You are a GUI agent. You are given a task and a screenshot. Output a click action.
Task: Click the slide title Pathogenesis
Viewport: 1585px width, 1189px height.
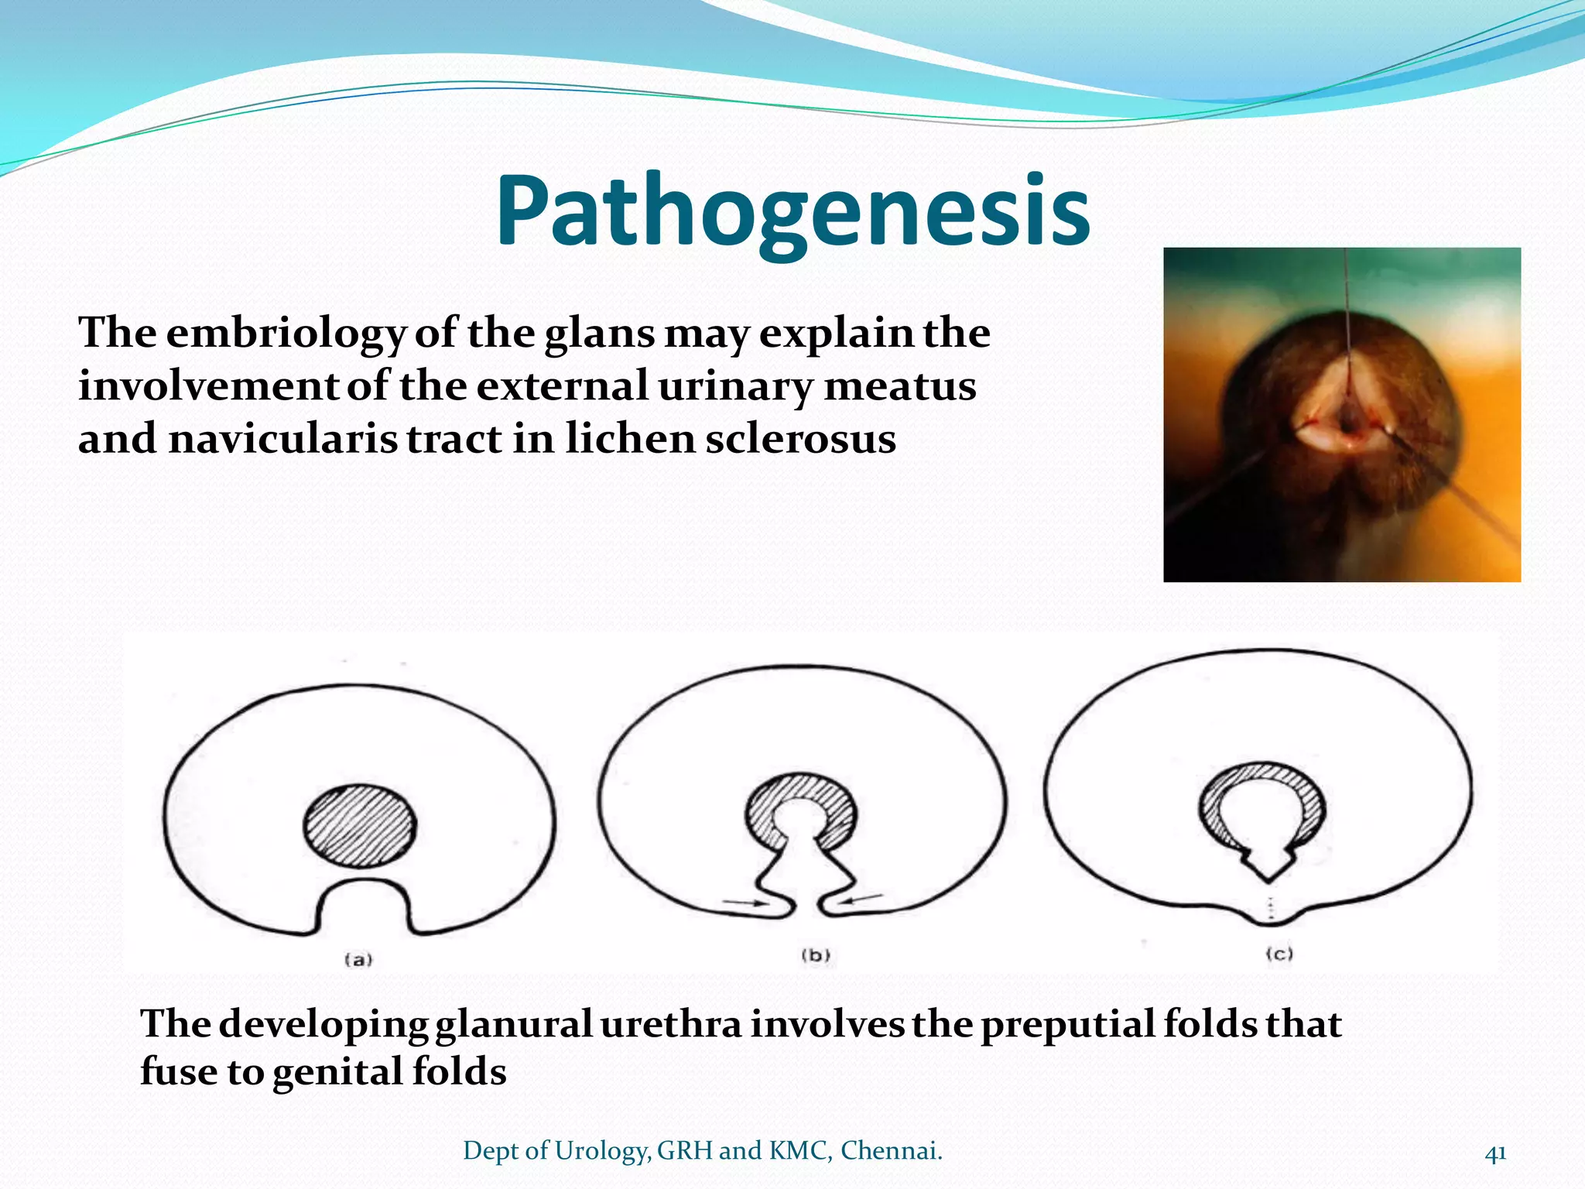point(792,211)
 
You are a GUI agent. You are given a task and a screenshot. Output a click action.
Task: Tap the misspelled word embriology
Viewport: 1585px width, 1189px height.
point(286,334)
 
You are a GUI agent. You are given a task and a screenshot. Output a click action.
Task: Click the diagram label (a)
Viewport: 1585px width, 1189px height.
point(358,960)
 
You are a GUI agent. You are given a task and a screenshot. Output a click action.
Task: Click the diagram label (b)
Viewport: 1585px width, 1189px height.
point(816,955)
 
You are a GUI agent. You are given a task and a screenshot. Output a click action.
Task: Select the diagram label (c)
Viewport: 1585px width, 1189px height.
point(1279,954)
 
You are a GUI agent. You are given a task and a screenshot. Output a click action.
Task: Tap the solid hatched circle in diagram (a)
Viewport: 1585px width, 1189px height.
point(360,826)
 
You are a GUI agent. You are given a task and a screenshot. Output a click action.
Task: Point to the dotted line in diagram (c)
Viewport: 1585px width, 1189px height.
point(1269,908)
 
